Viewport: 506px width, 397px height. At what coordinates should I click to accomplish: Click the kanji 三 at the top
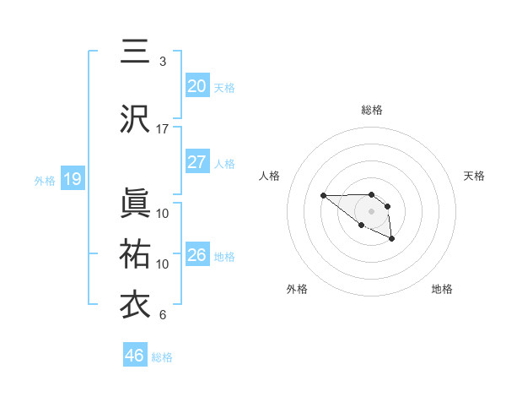(135, 53)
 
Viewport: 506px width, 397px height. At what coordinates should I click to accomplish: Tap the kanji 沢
(135, 120)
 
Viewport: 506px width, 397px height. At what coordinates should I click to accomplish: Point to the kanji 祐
(135, 254)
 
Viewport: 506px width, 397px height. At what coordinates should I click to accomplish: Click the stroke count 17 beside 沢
(163, 129)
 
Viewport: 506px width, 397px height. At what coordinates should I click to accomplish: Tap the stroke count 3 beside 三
(163, 62)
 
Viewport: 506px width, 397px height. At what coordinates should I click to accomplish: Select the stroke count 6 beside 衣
(163, 315)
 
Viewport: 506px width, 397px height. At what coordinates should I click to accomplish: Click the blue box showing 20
(196, 86)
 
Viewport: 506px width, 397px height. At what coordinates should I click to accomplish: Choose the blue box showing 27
(196, 162)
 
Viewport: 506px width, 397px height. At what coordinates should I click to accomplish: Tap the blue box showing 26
(196, 255)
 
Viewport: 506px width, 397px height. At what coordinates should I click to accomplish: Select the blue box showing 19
(72, 179)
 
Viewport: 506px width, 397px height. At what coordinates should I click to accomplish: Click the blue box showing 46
(134, 356)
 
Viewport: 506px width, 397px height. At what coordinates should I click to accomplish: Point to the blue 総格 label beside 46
(162, 357)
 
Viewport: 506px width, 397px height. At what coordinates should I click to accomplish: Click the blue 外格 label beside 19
(45, 180)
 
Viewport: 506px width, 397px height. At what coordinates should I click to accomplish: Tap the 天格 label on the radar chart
(474, 176)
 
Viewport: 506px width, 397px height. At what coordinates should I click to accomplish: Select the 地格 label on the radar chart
(442, 289)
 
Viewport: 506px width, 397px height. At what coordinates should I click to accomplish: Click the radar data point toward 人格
(323, 195)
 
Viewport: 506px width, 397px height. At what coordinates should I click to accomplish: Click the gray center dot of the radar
(371, 210)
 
